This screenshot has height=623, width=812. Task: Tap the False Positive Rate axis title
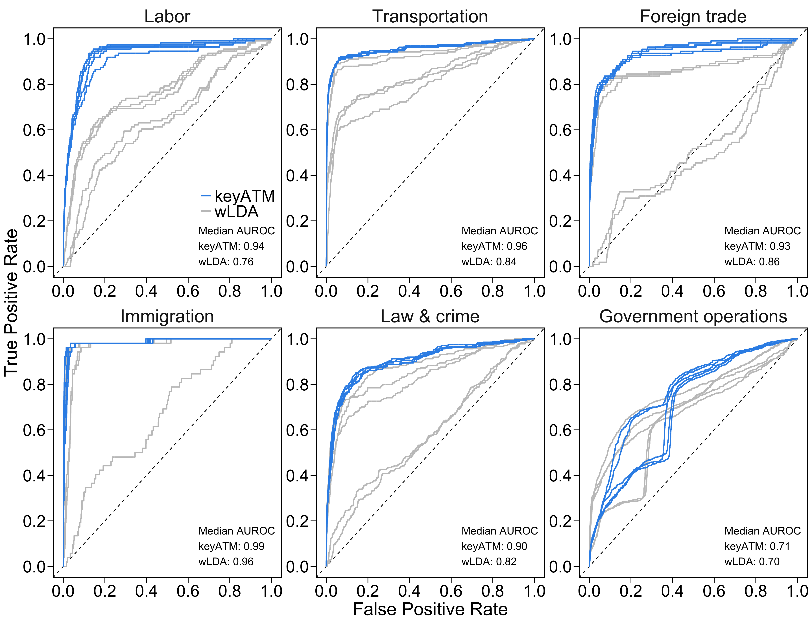coord(430,609)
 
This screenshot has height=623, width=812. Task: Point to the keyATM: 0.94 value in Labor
coord(231,246)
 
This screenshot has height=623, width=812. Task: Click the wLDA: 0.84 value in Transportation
coord(489,262)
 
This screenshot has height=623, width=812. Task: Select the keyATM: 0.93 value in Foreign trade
coord(757,246)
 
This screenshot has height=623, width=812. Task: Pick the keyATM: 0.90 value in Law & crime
coord(494,546)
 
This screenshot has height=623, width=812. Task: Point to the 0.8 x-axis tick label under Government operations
coord(755,591)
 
